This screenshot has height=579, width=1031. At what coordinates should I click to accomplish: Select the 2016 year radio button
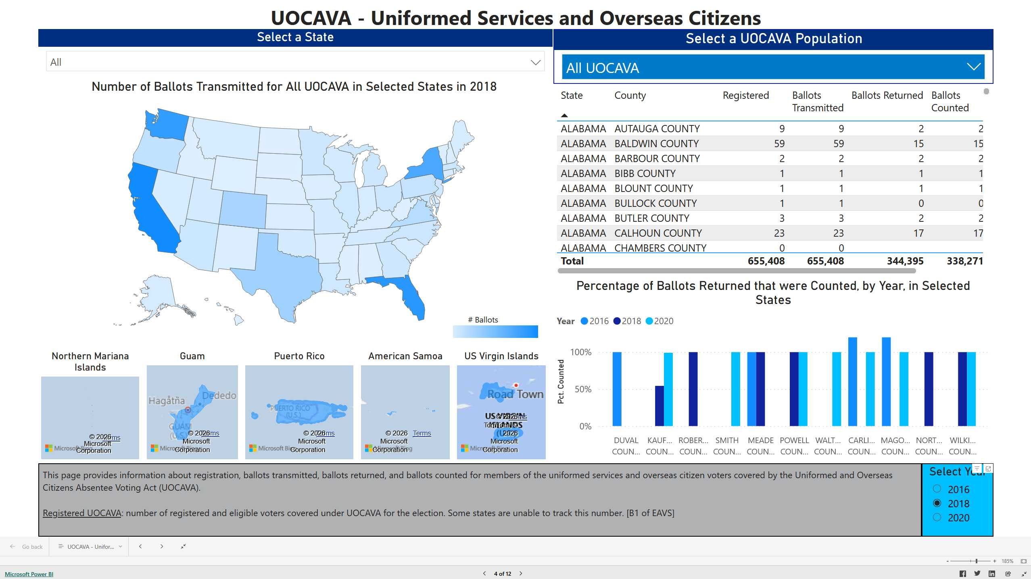coord(937,489)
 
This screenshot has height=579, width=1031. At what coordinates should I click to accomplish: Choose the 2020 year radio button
coord(937,517)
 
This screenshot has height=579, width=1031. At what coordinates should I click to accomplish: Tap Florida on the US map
coord(411,294)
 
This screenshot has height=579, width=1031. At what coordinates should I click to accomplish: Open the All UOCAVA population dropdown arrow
coord(974,67)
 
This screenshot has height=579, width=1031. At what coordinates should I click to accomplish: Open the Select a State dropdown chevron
coord(535,62)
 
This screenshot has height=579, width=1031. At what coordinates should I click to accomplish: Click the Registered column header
coord(745,96)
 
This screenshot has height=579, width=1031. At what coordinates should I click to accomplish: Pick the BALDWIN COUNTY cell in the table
coord(656,144)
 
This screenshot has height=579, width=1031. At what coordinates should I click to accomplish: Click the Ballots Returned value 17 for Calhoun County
coord(918,233)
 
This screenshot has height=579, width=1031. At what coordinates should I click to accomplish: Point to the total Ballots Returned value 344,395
coord(905,261)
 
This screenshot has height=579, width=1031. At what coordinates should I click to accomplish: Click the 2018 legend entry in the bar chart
coord(627,321)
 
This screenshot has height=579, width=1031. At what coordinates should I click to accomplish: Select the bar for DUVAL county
coord(617,389)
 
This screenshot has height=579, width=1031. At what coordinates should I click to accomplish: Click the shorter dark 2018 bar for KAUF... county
coord(659,406)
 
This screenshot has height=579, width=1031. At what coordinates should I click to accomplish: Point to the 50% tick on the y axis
coord(583,389)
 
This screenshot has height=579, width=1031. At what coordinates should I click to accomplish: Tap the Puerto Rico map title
coord(299,356)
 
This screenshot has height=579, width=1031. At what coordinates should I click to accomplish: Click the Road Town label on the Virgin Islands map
coord(515,394)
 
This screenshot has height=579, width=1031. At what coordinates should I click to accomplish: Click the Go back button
coord(27,547)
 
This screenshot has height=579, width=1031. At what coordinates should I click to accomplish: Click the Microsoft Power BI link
coord(29,574)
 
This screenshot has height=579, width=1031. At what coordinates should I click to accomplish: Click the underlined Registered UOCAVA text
coord(82,513)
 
